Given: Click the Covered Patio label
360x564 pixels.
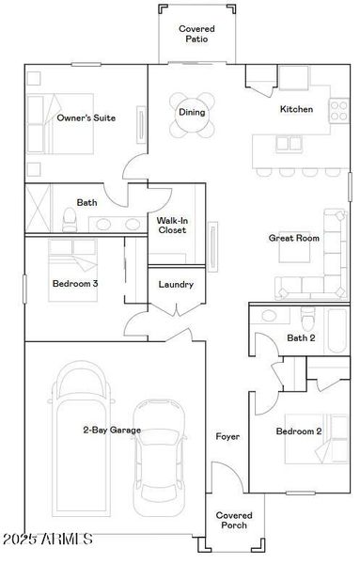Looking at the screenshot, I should (196, 34).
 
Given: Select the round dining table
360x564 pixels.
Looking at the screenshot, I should (192, 113).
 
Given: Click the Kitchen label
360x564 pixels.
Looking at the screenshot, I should (296, 109).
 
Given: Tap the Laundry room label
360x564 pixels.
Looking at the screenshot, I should (176, 284).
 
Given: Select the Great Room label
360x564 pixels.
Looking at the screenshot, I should (293, 238).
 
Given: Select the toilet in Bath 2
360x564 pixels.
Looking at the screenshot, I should (304, 317).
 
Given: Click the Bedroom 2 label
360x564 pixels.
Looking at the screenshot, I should (299, 431).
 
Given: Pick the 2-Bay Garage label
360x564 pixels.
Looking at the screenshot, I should (111, 430).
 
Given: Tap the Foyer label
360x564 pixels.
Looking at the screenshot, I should (227, 436).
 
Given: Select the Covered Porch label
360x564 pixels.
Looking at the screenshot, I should (232, 520).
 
